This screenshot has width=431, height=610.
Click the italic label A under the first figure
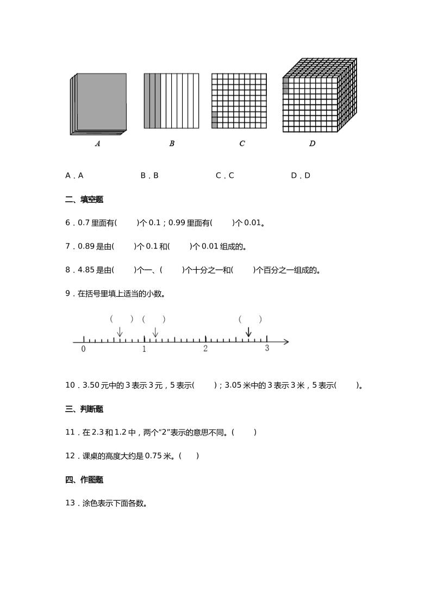tap(98, 144)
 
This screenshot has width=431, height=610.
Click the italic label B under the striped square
tap(172, 144)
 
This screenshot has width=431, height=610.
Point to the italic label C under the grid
tap(242, 144)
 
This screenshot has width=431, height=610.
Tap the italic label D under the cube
tap(312, 144)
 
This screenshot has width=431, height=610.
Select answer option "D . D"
tap(301, 176)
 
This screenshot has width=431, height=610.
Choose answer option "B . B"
tap(149, 176)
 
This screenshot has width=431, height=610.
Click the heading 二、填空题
tap(84, 200)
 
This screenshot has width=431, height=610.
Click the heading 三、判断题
tap(84, 409)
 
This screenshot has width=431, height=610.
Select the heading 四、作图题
tap(84, 480)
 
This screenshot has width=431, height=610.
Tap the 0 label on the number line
tap(83, 349)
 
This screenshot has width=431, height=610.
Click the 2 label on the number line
tap(205, 348)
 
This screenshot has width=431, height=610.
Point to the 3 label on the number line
tap(267, 348)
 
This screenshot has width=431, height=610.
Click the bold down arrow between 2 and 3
tap(248, 332)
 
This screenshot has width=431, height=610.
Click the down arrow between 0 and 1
tap(120, 332)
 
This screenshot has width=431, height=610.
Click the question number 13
tap(70, 503)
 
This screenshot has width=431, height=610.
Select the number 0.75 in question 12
tap(153, 456)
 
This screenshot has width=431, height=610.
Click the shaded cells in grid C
tap(214, 120)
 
